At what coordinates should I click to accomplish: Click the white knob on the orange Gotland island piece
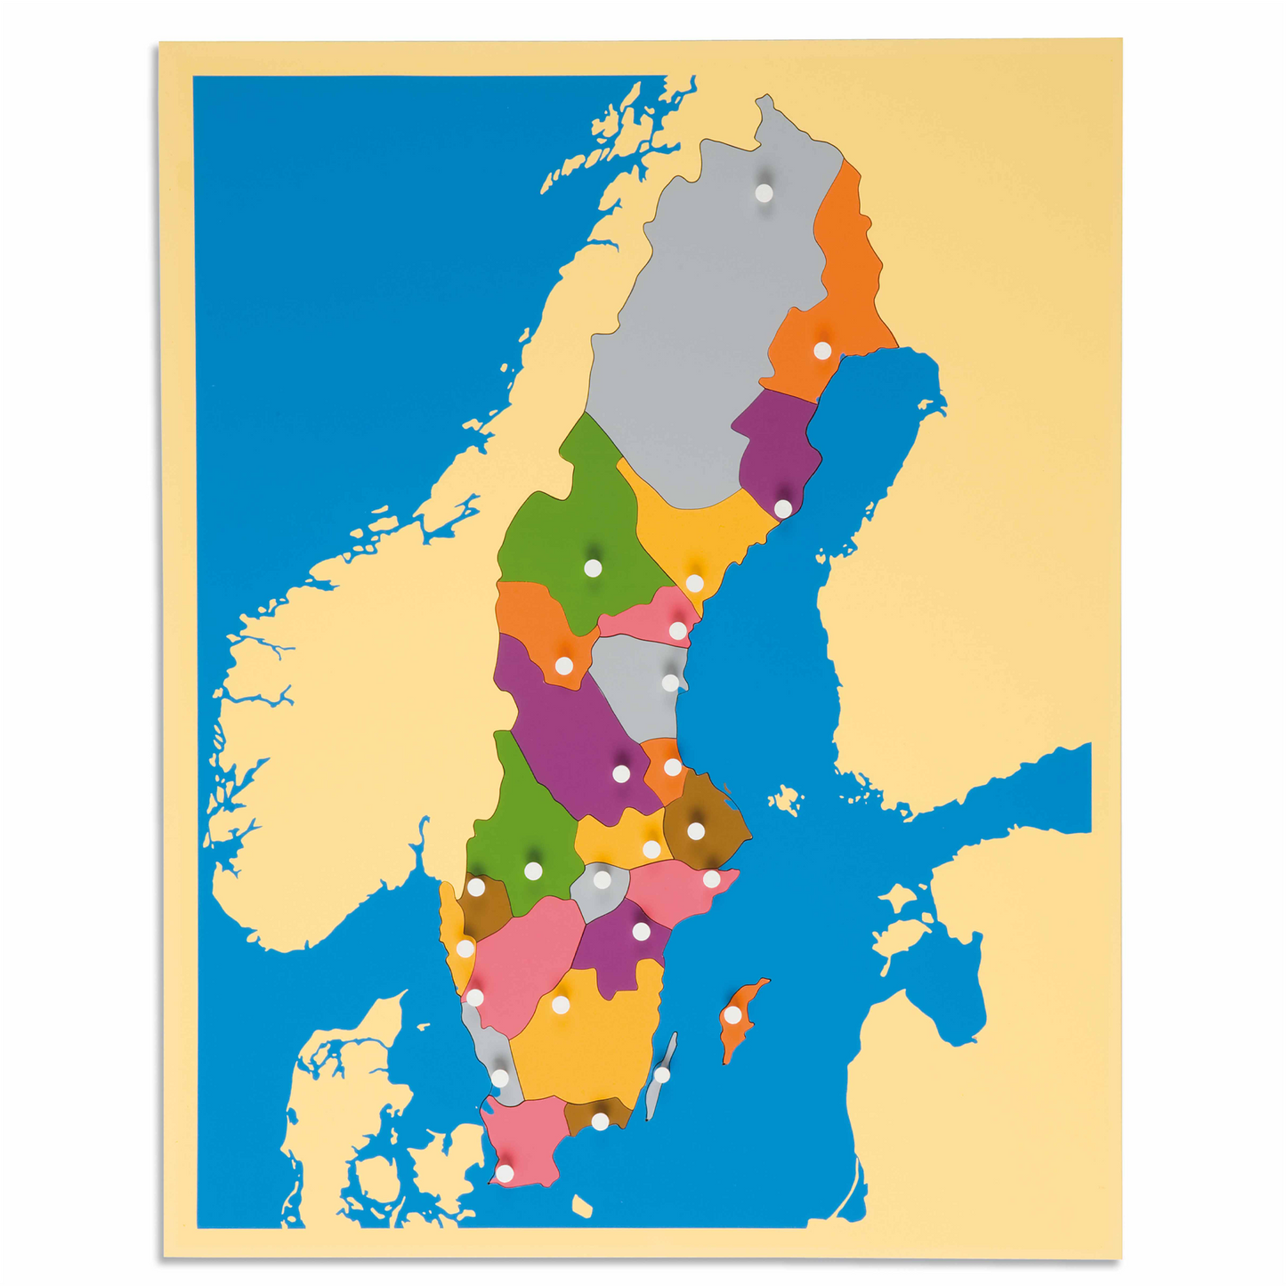click(732, 1015)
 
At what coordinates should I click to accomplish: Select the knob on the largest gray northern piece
click(764, 191)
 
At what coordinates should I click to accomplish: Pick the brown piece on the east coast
click(703, 814)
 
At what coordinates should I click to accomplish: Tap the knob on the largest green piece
click(593, 567)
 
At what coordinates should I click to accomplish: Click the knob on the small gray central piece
click(602, 880)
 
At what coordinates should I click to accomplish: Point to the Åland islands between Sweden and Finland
click(785, 798)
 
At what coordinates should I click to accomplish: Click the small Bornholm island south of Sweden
click(582, 1206)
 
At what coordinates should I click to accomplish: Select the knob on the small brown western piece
click(476, 887)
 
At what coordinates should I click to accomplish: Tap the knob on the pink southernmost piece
click(505, 1174)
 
